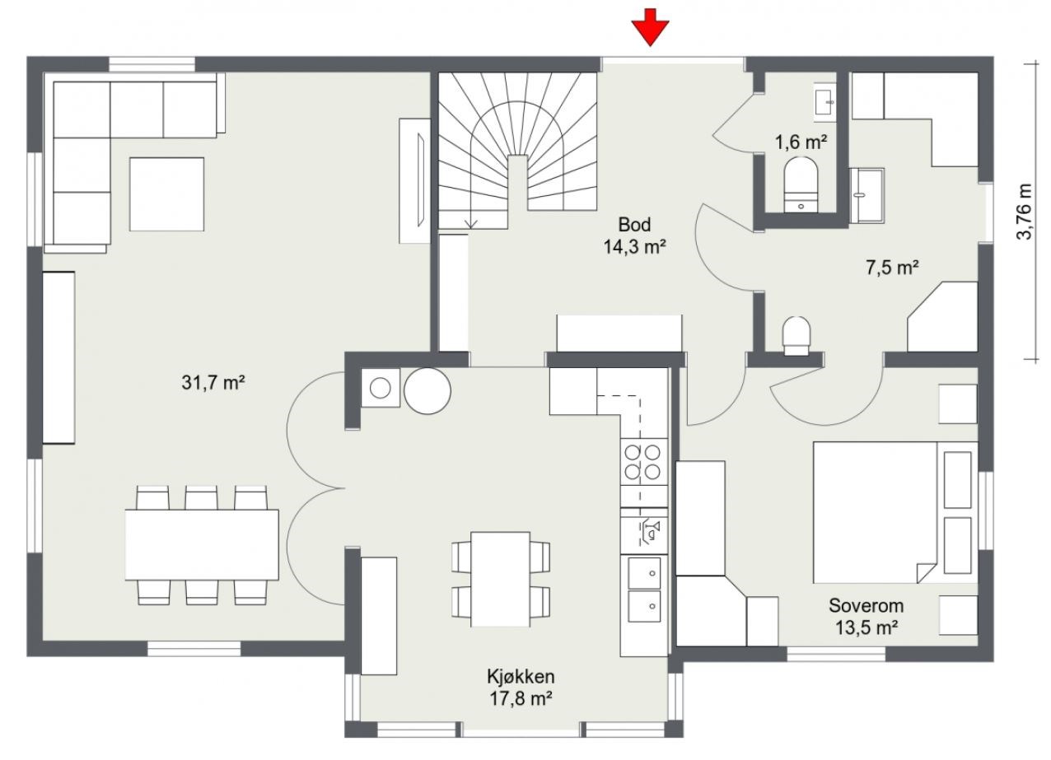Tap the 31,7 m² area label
point(213,383)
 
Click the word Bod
point(634,225)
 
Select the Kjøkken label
point(521,676)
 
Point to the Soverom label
point(866,605)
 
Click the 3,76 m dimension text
point(1025,212)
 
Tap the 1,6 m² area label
point(801,142)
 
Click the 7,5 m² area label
point(891,268)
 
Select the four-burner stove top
point(643,462)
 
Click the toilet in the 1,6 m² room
point(801,185)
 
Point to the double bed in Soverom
point(895,512)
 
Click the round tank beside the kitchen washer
point(427,390)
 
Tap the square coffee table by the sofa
point(167,193)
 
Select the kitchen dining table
point(501,579)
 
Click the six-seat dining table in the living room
point(202,544)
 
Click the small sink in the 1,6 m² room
point(825,102)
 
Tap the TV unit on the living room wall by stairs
point(415,180)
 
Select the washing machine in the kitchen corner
point(381,388)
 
